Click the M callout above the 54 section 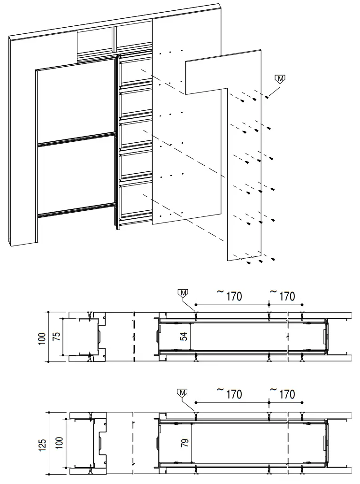pyautogui.click(x=184, y=293)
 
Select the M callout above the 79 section pyautogui.click(x=184, y=392)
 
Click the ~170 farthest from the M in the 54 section pyautogui.click(x=283, y=296)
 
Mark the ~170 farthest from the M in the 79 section pyautogui.click(x=283, y=394)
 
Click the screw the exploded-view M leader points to pyautogui.click(x=267, y=97)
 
